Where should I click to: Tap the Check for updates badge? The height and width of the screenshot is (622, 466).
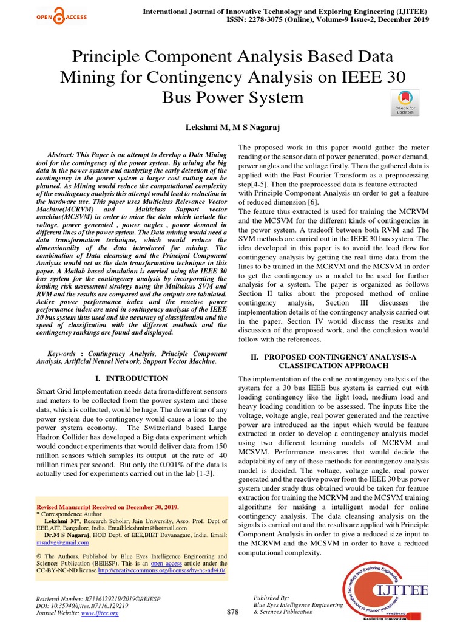point(405,101)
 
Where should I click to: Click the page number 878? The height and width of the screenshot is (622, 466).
point(232,611)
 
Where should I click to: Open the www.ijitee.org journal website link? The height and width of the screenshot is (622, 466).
point(100,613)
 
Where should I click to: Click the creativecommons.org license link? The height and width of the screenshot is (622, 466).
point(161,570)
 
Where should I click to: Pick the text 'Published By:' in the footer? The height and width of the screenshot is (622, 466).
point(271,598)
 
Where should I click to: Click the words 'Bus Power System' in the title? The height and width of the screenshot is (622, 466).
point(232,97)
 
